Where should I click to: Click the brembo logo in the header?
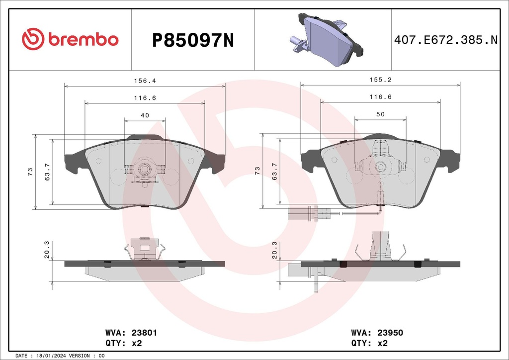[70, 39]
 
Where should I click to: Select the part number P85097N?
[192, 40]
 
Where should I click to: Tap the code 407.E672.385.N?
[446, 40]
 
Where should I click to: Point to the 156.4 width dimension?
[145, 80]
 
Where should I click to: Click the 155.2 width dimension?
[380, 80]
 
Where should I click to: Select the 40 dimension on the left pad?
[145, 115]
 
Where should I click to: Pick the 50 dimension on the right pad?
[380, 115]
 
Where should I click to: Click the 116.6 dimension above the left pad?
[145, 98]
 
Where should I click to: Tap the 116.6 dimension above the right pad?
[380, 98]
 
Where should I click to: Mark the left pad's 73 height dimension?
[30, 171]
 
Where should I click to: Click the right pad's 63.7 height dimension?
[274, 171]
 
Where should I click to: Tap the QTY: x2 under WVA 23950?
[369, 343]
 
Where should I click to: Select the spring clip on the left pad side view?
[145, 249]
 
